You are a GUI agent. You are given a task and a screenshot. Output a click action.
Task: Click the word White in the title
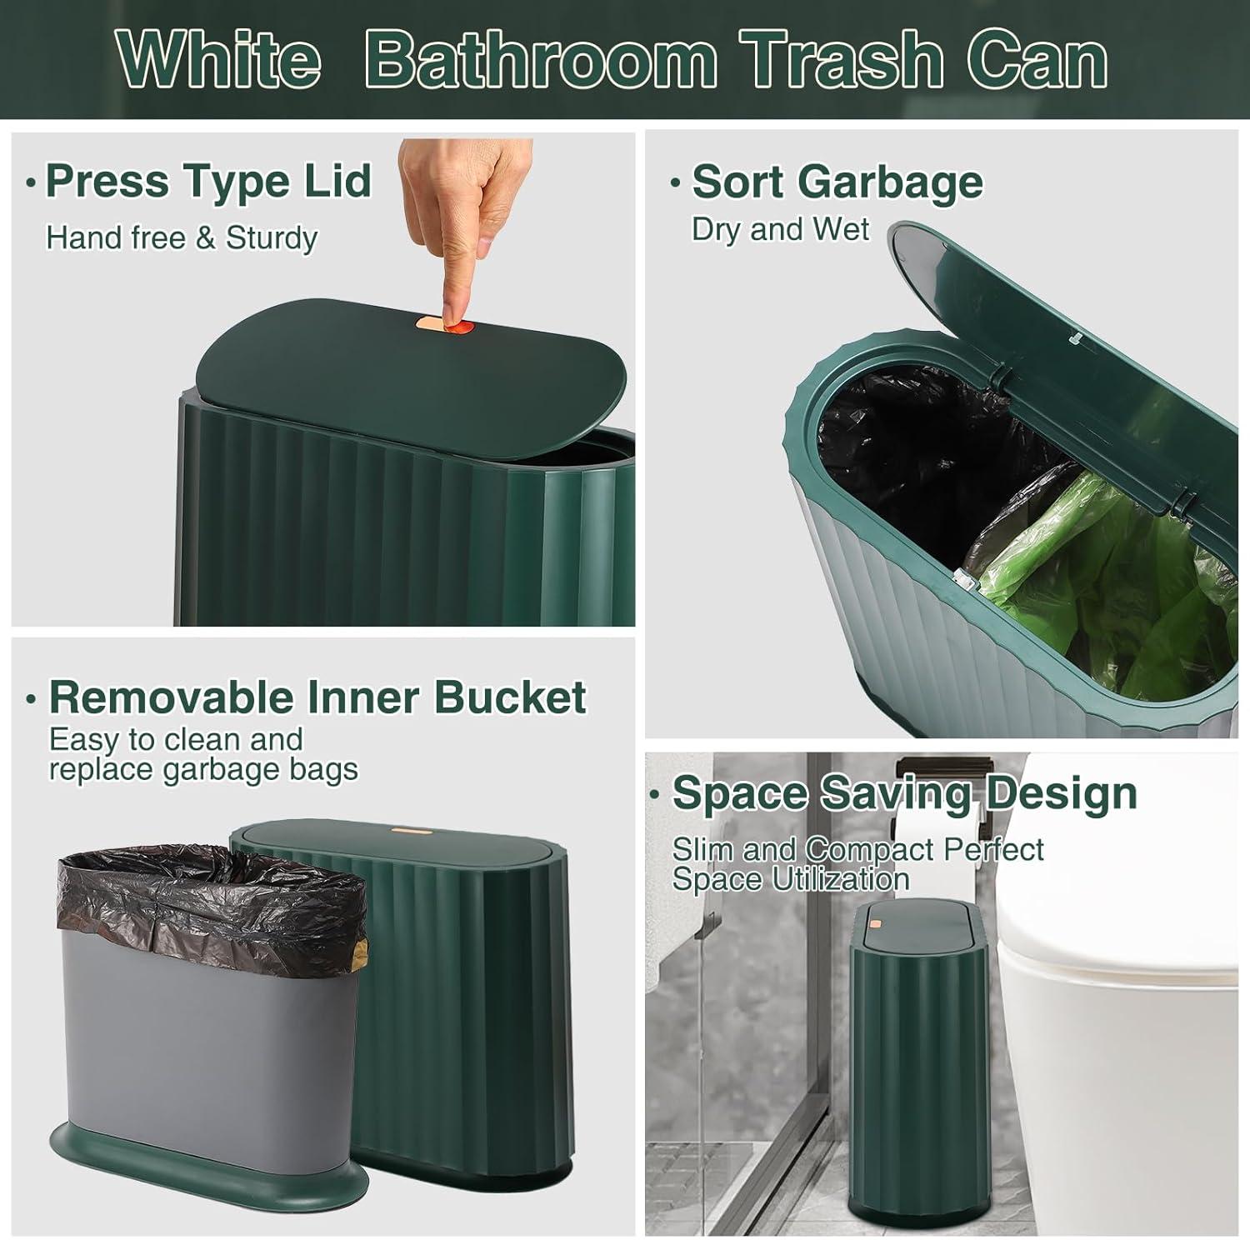pyautogui.click(x=218, y=61)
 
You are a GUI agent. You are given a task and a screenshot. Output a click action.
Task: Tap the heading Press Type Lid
pyautogui.click(x=208, y=182)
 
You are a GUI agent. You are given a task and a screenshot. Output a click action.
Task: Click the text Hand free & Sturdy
pyautogui.click(x=182, y=238)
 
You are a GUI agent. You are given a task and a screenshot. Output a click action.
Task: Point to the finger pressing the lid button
pyautogui.click(x=440, y=242)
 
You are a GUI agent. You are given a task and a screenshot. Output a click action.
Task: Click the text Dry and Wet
pyautogui.click(x=780, y=229)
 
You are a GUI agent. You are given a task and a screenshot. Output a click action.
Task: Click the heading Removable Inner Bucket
pyautogui.click(x=317, y=697)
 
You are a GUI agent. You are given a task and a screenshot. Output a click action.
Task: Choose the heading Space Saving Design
pyautogui.click(x=904, y=793)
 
